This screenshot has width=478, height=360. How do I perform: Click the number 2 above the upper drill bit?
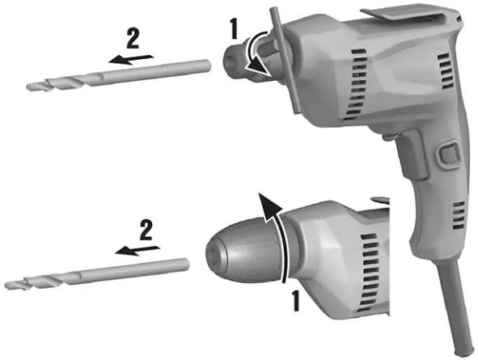tap(133, 38)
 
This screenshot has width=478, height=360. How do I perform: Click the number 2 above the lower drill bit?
tap(146, 230)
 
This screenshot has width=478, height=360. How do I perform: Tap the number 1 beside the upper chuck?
tap(234, 29)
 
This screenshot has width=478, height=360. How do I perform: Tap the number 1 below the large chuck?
tap(295, 301)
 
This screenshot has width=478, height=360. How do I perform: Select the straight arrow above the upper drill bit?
tap(131, 60)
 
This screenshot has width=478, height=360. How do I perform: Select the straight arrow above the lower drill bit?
tap(137, 250)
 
